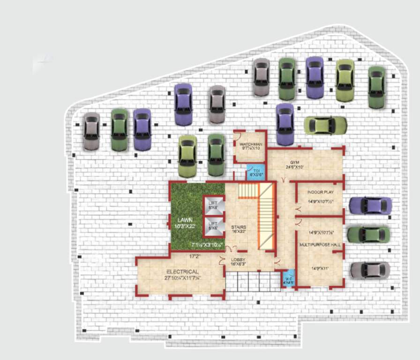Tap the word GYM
click(294, 162)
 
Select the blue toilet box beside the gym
click(256, 172)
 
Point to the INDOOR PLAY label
click(321, 192)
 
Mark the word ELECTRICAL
click(182, 272)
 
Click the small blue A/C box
click(288, 279)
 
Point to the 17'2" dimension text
click(195, 256)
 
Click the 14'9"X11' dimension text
click(321, 269)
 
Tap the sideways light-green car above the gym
click(325, 125)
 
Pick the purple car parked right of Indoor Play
click(370, 205)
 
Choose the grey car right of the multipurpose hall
click(370, 270)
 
